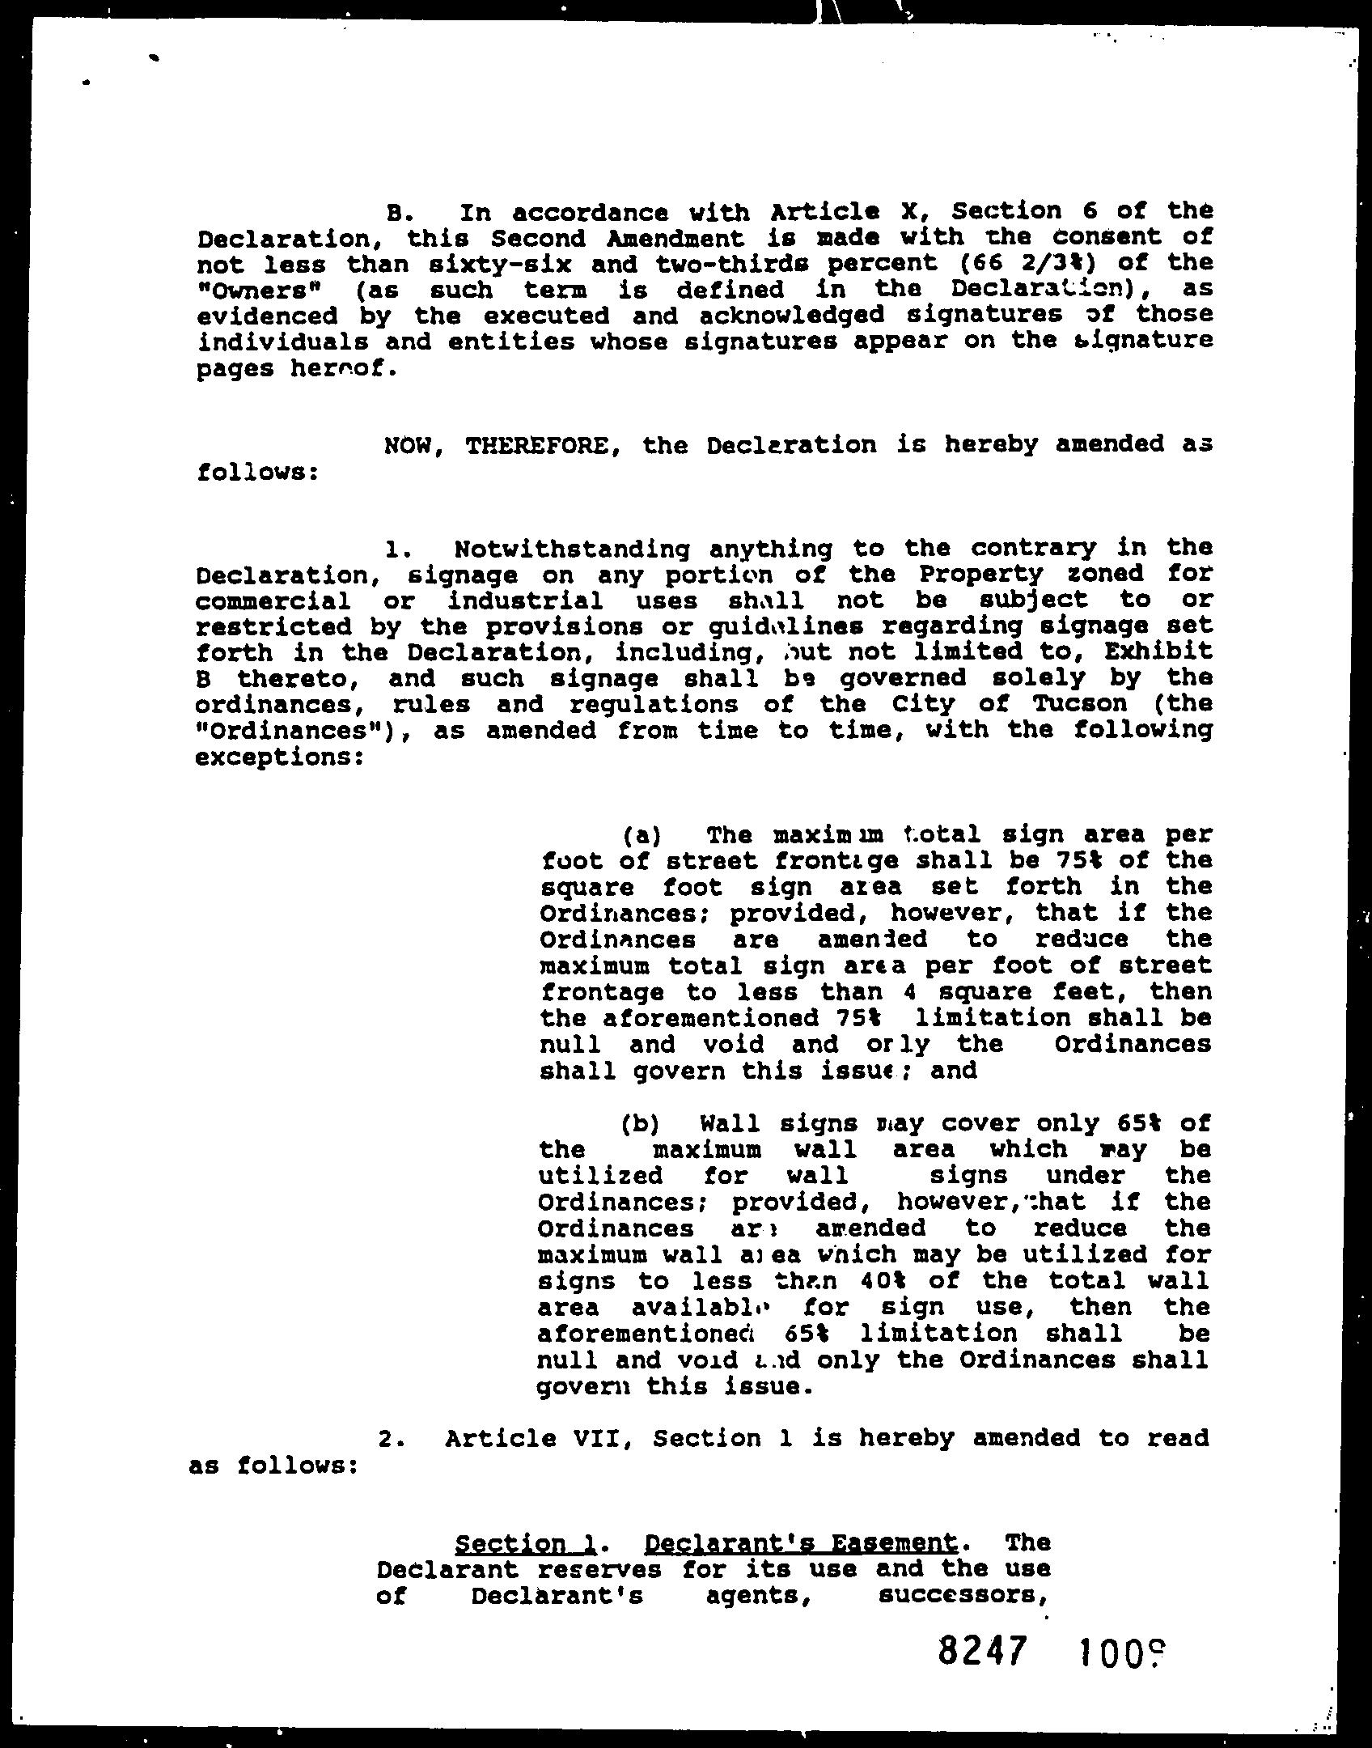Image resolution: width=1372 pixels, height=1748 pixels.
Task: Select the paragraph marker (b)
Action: pos(641,1124)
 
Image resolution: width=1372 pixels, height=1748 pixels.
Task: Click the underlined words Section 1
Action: pos(526,1544)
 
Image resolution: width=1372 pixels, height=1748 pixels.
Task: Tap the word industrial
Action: pos(525,600)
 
